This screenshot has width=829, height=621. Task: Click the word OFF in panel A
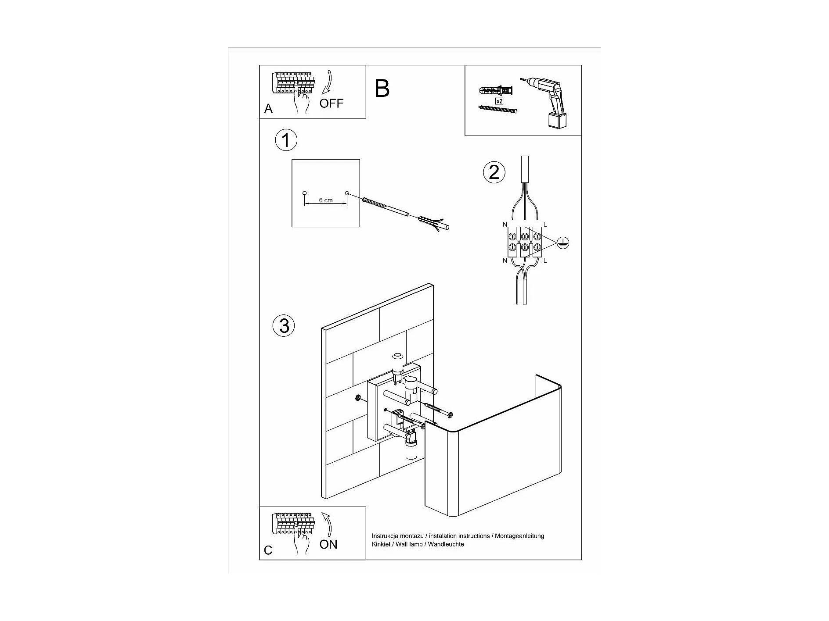click(331, 103)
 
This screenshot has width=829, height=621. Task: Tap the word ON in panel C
click(328, 544)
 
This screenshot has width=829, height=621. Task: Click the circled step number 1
click(286, 141)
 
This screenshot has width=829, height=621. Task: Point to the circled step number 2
click(494, 172)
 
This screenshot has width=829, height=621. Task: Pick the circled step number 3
click(284, 326)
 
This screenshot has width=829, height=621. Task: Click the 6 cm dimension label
click(325, 200)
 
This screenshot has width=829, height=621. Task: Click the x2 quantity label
click(499, 101)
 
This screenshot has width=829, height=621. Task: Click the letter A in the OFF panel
click(268, 109)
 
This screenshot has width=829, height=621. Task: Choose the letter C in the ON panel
click(268, 550)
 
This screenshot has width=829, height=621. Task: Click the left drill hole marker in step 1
click(304, 193)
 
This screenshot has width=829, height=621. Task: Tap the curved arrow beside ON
click(327, 524)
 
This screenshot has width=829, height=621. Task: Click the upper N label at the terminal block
click(505, 225)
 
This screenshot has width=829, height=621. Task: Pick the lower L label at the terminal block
click(545, 261)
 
